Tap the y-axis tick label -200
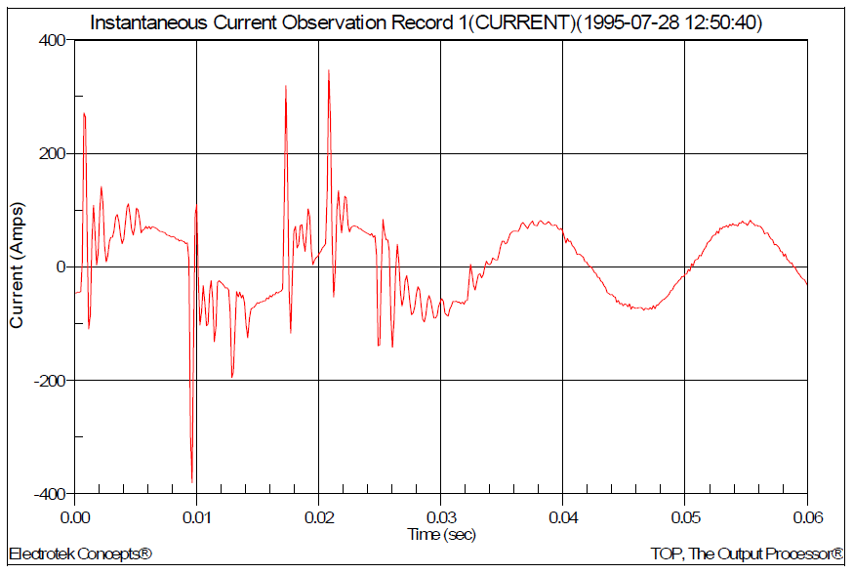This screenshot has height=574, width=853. tap(49, 380)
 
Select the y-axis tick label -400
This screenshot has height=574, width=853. tap(49, 494)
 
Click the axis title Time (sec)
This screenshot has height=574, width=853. tap(441, 534)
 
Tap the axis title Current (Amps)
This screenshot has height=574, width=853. tap(17, 266)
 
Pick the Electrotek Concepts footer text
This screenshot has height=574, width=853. tap(80, 554)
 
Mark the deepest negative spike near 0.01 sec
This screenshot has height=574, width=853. tap(192, 481)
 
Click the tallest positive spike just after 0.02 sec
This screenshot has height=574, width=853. tap(329, 71)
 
